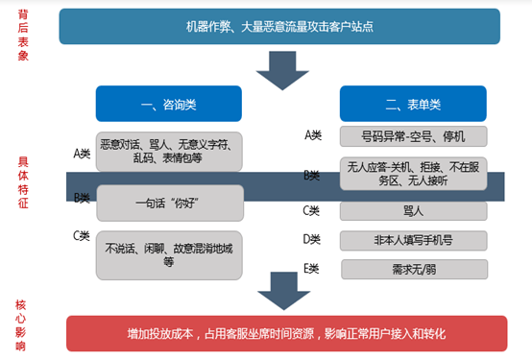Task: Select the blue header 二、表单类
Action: (412, 103)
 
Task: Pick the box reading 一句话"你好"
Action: (168, 204)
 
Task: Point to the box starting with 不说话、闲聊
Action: (168, 253)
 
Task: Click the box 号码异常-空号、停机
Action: (414, 135)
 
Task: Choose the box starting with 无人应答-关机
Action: (414, 173)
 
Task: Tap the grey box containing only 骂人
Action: (414, 211)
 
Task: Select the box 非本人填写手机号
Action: (414, 240)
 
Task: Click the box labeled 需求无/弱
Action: (414, 269)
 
